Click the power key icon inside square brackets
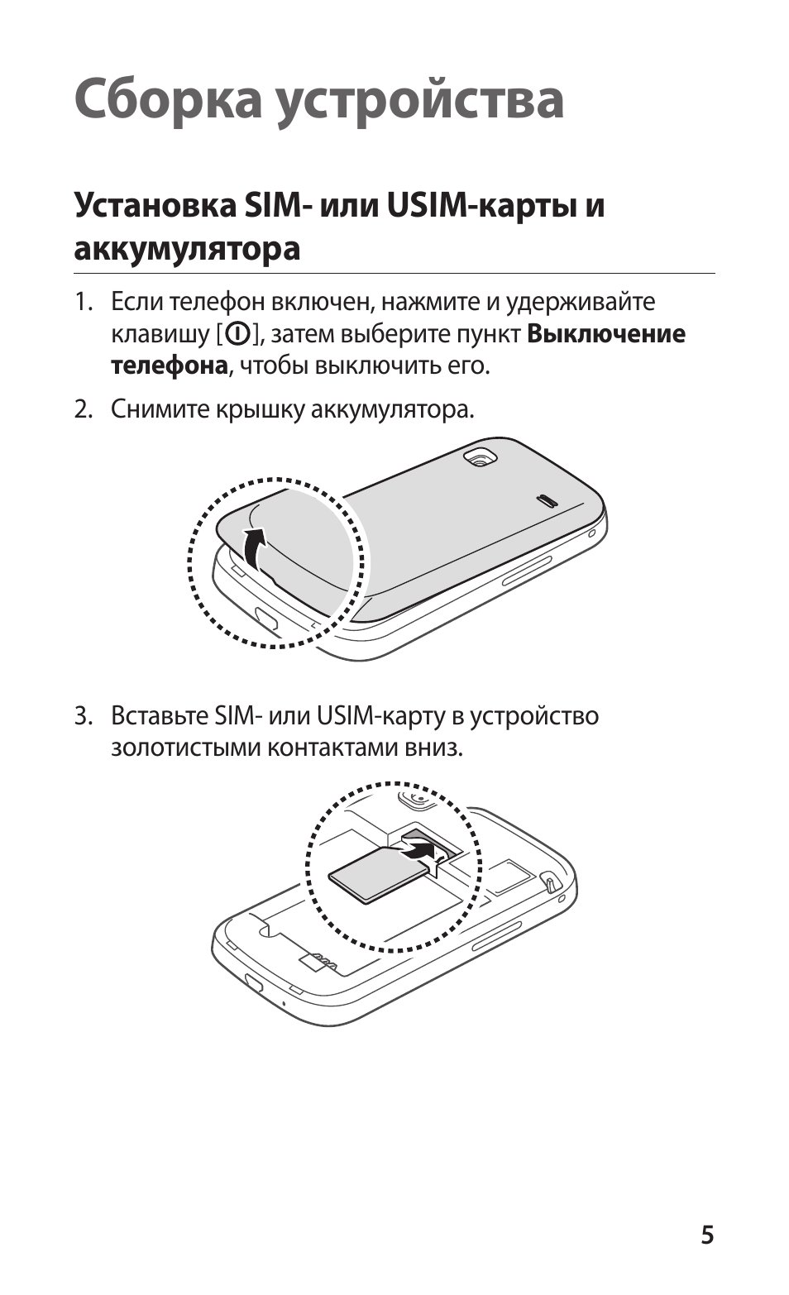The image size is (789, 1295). click(x=237, y=335)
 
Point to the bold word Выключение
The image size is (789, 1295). click(x=606, y=334)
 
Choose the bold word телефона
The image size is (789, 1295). click(x=169, y=366)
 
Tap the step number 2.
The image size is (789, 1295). click(x=82, y=409)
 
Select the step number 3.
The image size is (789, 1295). click(x=82, y=715)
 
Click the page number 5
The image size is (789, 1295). click(x=707, y=1235)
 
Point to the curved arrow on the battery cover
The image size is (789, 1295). click(x=256, y=549)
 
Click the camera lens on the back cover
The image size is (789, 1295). click(x=479, y=457)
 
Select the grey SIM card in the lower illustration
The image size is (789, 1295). click(x=376, y=875)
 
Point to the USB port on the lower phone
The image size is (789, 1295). click(x=253, y=983)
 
